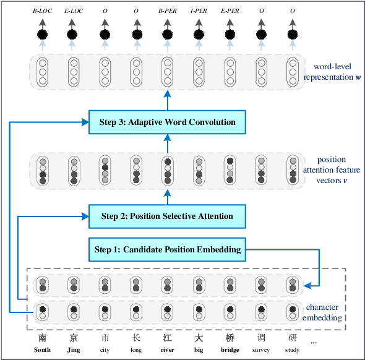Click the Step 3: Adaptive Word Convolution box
click(167, 122)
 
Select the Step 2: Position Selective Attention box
click(167, 216)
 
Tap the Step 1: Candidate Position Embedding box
click(167, 249)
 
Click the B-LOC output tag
click(42, 11)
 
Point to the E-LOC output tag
click(74, 11)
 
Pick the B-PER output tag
click(167, 11)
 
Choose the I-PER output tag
click(199, 11)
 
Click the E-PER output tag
click(230, 11)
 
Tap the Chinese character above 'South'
click(42, 338)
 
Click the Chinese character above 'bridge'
click(230, 338)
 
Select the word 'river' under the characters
click(167, 350)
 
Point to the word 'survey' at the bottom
click(261, 350)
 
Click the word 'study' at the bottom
click(293, 350)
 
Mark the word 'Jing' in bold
click(74, 350)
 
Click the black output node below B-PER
click(167, 34)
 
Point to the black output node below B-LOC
click(42, 34)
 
